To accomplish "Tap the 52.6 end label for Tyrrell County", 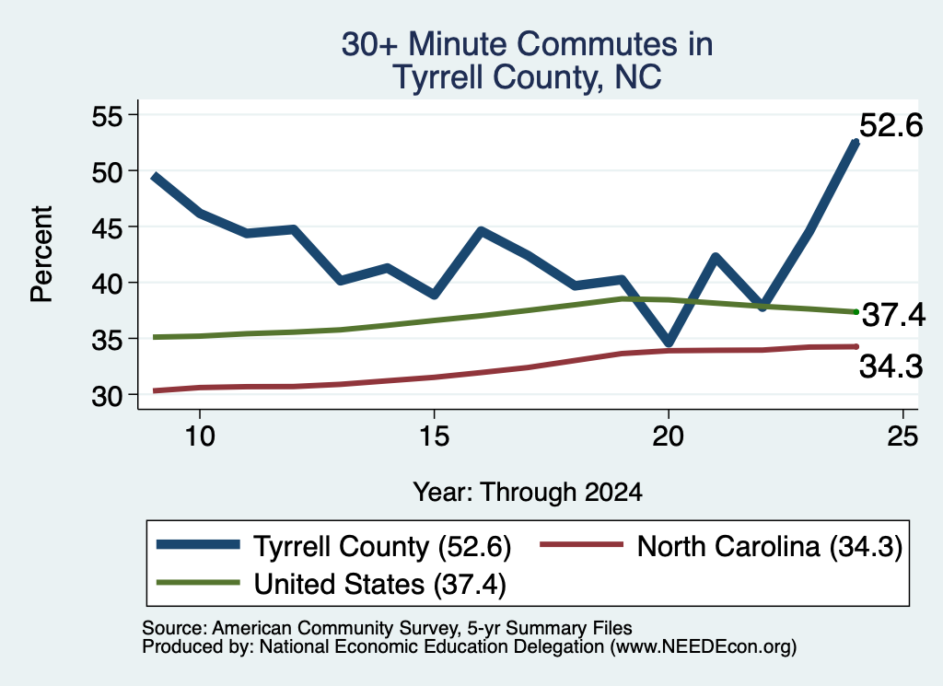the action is click(x=891, y=125).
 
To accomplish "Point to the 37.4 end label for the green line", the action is click(x=893, y=314).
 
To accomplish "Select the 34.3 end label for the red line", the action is click(x=891, y=366).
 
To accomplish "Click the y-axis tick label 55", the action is click(x=107, y=116).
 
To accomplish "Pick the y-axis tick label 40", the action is click(x=107, y=284).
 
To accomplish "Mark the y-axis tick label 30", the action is click(x=107, y=396).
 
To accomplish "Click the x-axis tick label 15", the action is click(x=435, y=436).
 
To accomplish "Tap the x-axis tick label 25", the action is click(x=902, y=436).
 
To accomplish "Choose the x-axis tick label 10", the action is click(x=200, y=436).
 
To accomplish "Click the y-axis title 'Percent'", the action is click(x=41, y=254).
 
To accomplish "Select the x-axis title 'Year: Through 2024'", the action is click(x=528, y=493).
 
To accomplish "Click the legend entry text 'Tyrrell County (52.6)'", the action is click(x=382, y=547).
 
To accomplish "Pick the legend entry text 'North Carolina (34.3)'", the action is click(x=770, y=547).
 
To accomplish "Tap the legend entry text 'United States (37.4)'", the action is click(x=380, y=585).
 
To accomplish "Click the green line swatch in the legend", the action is click(x=199, y=582).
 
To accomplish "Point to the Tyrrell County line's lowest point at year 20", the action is click(x=669, y=343).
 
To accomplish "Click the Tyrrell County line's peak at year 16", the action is click(x=481, y=231).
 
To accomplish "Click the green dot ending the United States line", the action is click(x=856, y=311).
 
